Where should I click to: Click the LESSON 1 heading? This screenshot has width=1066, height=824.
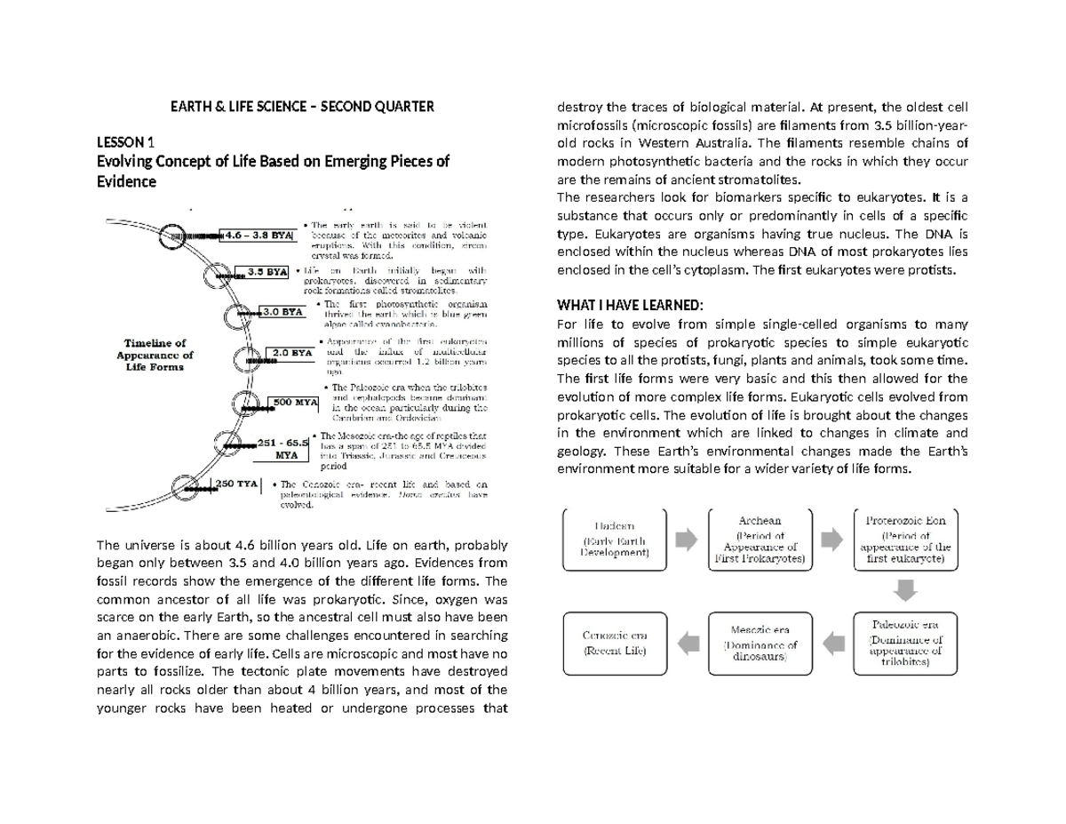[131, 141]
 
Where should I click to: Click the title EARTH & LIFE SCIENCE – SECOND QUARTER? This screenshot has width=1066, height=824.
[303, 108]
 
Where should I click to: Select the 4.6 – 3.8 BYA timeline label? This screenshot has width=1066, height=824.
[257, 236]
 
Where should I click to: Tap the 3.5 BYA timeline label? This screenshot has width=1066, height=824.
[266, 272]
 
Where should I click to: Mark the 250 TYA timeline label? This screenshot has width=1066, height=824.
[237, 484]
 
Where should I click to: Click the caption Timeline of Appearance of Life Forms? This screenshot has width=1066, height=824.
[155, 353]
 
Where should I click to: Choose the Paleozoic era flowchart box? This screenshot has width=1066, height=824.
[903, 638]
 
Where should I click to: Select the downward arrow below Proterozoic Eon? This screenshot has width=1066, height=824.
[903, 589]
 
